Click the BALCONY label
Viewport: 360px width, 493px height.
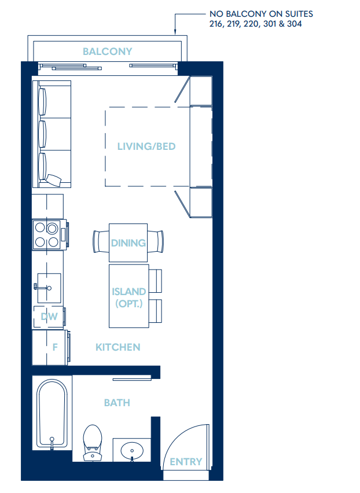tap(107, 51)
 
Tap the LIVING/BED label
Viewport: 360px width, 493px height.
tap(146, 146)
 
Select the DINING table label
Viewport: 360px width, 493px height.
tap(128, 242)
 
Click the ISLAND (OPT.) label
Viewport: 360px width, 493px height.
tap(128, 297)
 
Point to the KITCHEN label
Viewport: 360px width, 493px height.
tap(117, 347)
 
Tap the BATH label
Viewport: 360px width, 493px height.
tap(117, 402)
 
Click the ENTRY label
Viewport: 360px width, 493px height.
tap(186, 462)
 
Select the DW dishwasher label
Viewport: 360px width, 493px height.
tap(49, 317)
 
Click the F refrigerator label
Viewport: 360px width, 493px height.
tap(55, 348)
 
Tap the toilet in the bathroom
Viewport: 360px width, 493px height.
tap(93, 442)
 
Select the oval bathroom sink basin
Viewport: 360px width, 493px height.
tap(133, 451)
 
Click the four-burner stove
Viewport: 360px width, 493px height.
tap(47, 234)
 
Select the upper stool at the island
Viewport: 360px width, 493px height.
tap(156, 280)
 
